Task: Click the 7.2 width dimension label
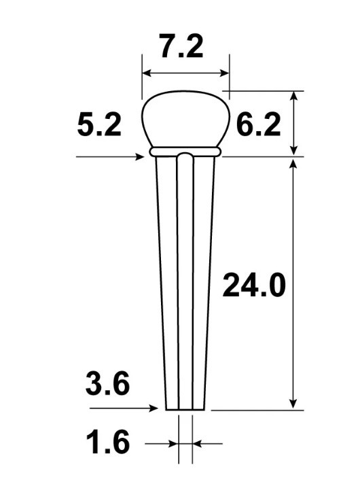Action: coord(181,46)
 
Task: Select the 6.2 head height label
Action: coord(259,124)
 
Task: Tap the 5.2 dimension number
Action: coord(99,124)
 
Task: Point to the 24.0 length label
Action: coord(254,286)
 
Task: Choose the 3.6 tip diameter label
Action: coord(107,383)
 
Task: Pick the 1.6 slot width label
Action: coord(107,442)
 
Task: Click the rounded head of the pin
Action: coord(185,118)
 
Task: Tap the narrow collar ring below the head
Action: coord(185,151)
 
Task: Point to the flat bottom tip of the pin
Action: coord(185,410)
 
